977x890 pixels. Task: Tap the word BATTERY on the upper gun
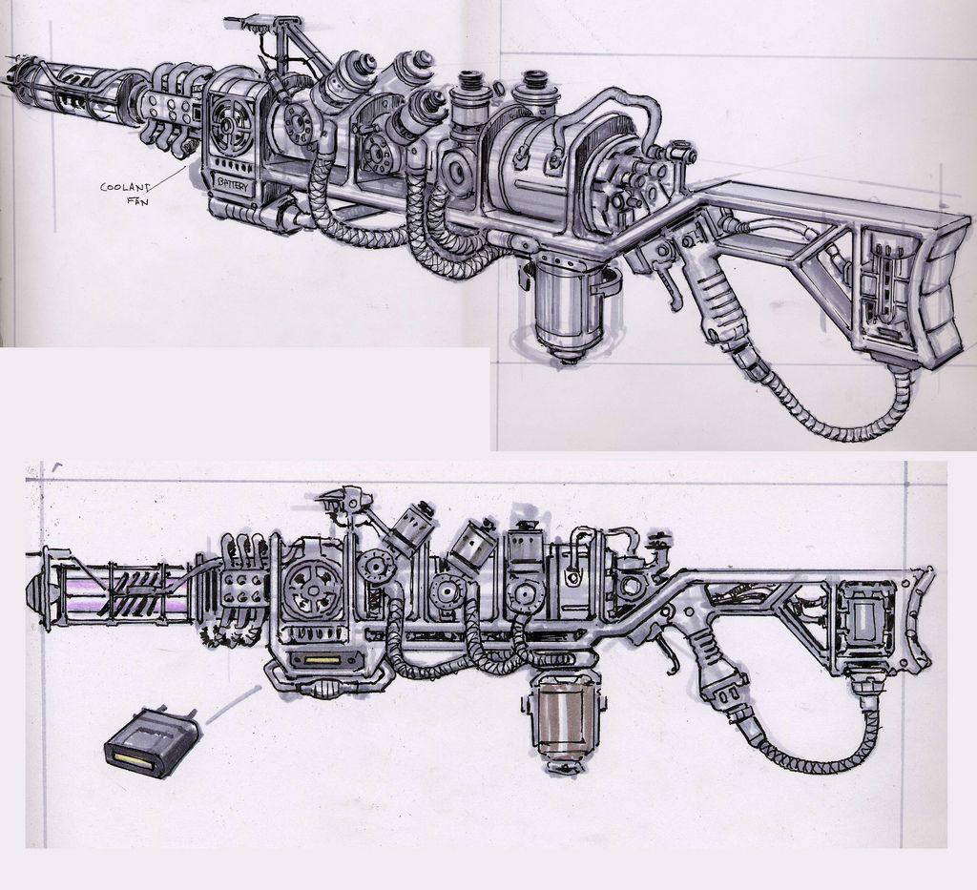(x=232, y=185)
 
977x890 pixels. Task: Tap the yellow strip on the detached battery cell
(x=130, y=760)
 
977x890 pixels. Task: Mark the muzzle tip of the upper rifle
(x=12, y=72)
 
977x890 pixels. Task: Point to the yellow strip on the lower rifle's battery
(x=319, y=659)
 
